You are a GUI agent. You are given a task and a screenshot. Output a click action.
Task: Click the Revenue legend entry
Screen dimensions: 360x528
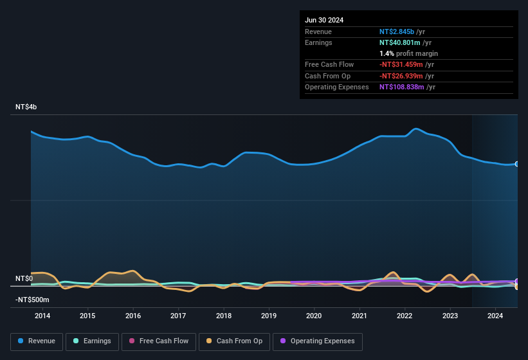tap(37, 341)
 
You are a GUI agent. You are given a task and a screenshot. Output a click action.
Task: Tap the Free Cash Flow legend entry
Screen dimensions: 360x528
tap(160, 341)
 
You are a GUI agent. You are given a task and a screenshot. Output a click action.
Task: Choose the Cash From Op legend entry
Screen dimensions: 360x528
tap(235, 341)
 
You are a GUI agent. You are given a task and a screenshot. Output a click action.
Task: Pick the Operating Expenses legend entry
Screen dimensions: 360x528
tap(318, 341)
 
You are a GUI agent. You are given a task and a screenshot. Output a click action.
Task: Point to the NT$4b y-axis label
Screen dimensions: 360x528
tap(26, 107)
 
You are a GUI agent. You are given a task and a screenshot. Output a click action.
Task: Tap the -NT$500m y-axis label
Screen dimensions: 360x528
tap(32, 300)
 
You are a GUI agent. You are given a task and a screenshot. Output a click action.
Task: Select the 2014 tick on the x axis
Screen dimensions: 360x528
tap(42, 316)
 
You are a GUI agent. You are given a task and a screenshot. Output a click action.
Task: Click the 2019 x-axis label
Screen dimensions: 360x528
tap(269, 316)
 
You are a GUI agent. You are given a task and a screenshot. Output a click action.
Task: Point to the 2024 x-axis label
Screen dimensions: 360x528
tap(495, 316)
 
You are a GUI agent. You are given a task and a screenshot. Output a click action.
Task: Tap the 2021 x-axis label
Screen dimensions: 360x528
tap(360, 316)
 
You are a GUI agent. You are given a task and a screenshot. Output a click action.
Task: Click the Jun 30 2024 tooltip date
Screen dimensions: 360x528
tap(324, 20)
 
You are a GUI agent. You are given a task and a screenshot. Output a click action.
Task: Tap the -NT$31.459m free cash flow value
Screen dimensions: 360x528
tap(402, 64)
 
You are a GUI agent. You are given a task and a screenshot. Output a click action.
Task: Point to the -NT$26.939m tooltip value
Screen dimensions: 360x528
tap(402, 76)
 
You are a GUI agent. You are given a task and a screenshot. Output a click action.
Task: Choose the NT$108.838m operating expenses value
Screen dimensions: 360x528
tap(402, 87)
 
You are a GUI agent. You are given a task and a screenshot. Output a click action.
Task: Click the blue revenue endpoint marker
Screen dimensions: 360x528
tap(517, 164)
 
